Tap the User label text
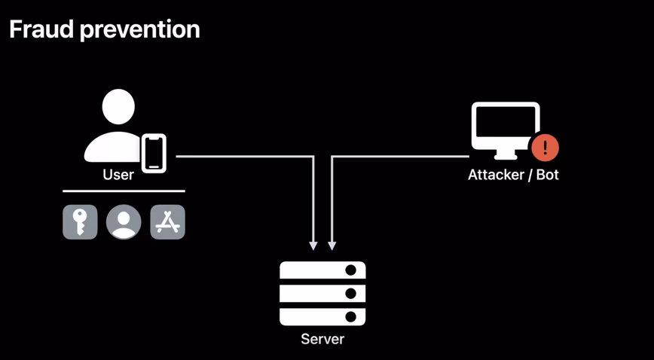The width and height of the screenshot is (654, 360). point(118,175)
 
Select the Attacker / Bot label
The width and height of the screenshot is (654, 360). point(513,175)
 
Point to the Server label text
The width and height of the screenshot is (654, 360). point(322,339)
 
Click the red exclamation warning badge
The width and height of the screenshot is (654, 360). point(546,148)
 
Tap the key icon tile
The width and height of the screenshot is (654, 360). point(80,222)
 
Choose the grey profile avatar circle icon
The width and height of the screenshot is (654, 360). point(124,222)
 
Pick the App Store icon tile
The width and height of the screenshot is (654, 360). point(168,222)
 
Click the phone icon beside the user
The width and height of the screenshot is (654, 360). point(154,153)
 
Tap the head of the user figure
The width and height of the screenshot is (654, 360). point(118,107)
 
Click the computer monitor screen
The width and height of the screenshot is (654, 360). point(506,126)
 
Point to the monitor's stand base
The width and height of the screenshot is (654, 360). point(506,157)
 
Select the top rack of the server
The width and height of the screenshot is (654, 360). point(322,270)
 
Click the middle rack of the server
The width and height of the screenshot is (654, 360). point(322,293)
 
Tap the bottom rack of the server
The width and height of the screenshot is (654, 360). point(322,316)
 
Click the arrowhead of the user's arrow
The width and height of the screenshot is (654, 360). point(313,246)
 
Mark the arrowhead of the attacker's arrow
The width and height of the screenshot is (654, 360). point(332,246)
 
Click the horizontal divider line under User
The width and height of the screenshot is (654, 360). point(124,191)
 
